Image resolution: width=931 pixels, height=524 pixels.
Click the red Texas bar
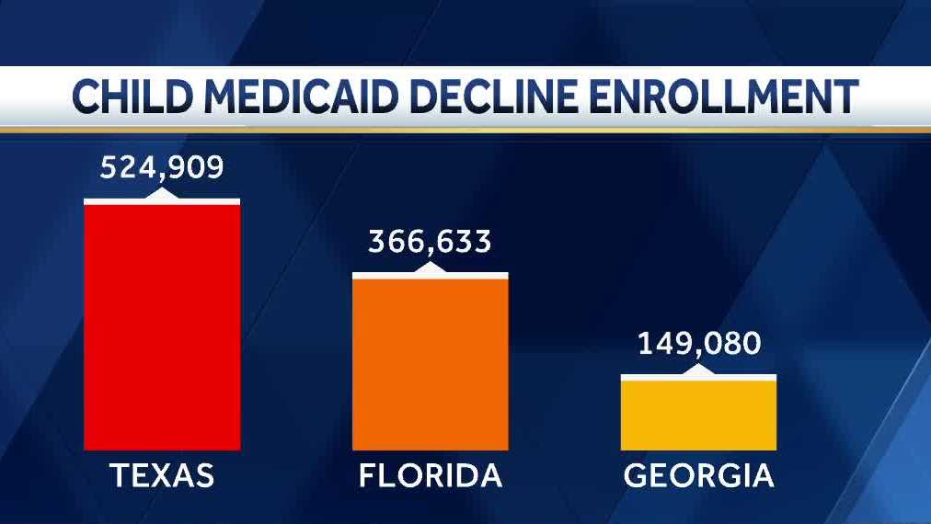click(x=162, y=326)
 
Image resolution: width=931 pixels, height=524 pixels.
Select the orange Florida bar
click(x=430, y=363)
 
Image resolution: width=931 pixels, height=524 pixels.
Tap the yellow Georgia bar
click(x=698, y=414)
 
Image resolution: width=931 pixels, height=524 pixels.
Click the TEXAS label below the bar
click(x=162, y=476)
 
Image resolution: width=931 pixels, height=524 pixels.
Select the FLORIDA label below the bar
click(x=431, y=476)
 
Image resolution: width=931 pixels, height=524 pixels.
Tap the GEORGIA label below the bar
click(x=699, y=476)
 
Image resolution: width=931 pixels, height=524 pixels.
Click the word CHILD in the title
click(x=132, y=97)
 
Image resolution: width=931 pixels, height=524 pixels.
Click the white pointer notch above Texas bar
click(x=162, y=194)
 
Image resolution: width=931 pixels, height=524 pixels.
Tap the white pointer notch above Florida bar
click(x=430, y=268)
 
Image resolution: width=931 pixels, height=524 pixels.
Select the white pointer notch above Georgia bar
click(x=698, y=370)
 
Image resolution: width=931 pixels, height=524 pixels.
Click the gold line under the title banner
click(x=465, y=131)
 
